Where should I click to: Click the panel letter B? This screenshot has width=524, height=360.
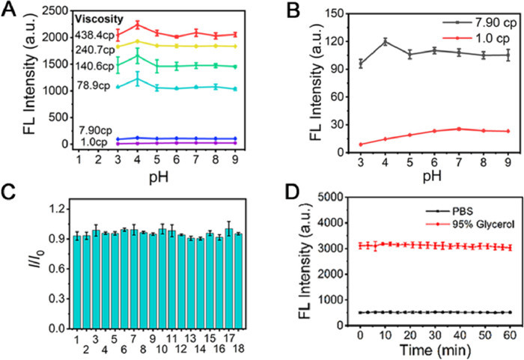click(283, 10)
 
